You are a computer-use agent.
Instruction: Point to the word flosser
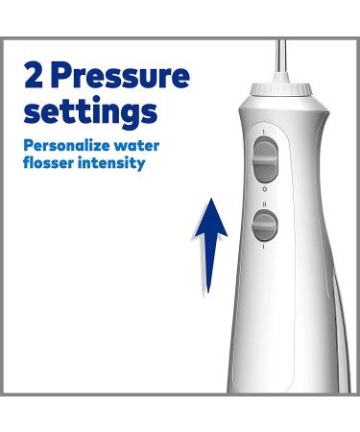51,163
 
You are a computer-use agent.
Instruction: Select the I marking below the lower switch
262,248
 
